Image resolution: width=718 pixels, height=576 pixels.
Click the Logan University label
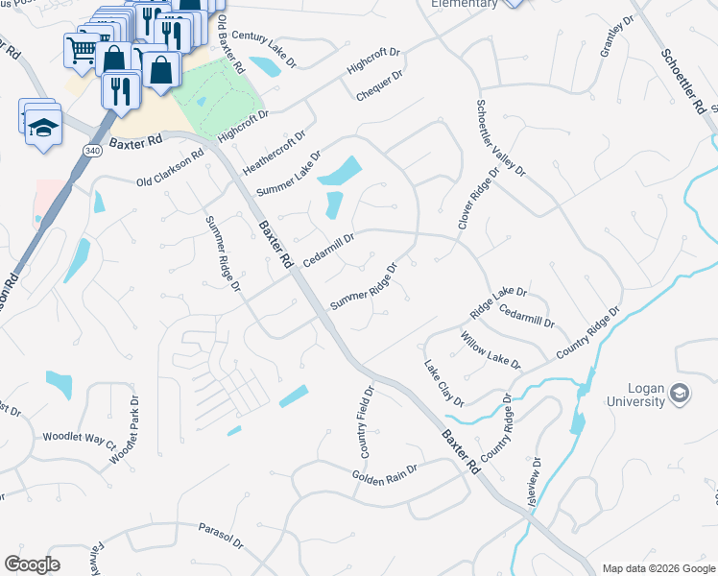pyautogui.click(x=633, y=395)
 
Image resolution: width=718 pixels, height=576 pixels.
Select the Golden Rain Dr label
pyautogui.click(x=385, y=474)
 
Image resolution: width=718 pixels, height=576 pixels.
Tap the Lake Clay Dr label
pyautogui.click(x=444, y=383)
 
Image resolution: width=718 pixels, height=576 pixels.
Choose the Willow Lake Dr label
pyautogui.click(x=490, y=351)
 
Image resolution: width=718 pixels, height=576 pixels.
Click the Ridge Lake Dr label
pyautogui.click(x=498, y=302)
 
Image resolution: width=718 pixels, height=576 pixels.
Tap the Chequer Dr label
pyautogui.click(x=379, y=85)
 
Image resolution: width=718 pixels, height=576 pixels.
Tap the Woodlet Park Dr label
pyautogui.click(x=124, y=430)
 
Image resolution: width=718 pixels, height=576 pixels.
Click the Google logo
pyautogui.click(x=32, y=564)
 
